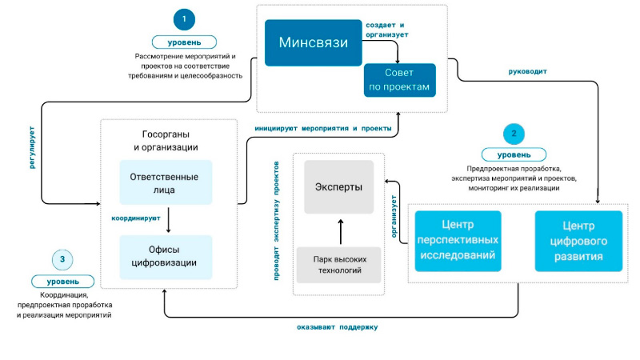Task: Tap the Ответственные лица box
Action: [x=166, y=182]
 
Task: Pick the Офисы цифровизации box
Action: [x=166, y=256]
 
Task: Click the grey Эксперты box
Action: [x=339, y=187]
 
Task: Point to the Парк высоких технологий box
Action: [x=339, y=265]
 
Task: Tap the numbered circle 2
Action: [x=514, y=133]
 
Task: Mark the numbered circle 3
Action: [x=63, y=259]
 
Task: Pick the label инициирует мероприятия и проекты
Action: [x=322, y=128]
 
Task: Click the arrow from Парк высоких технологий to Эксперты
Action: [x=340, y=231]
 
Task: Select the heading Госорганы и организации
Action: [x=166, y=141]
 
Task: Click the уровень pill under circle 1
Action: [x=185, y=42]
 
